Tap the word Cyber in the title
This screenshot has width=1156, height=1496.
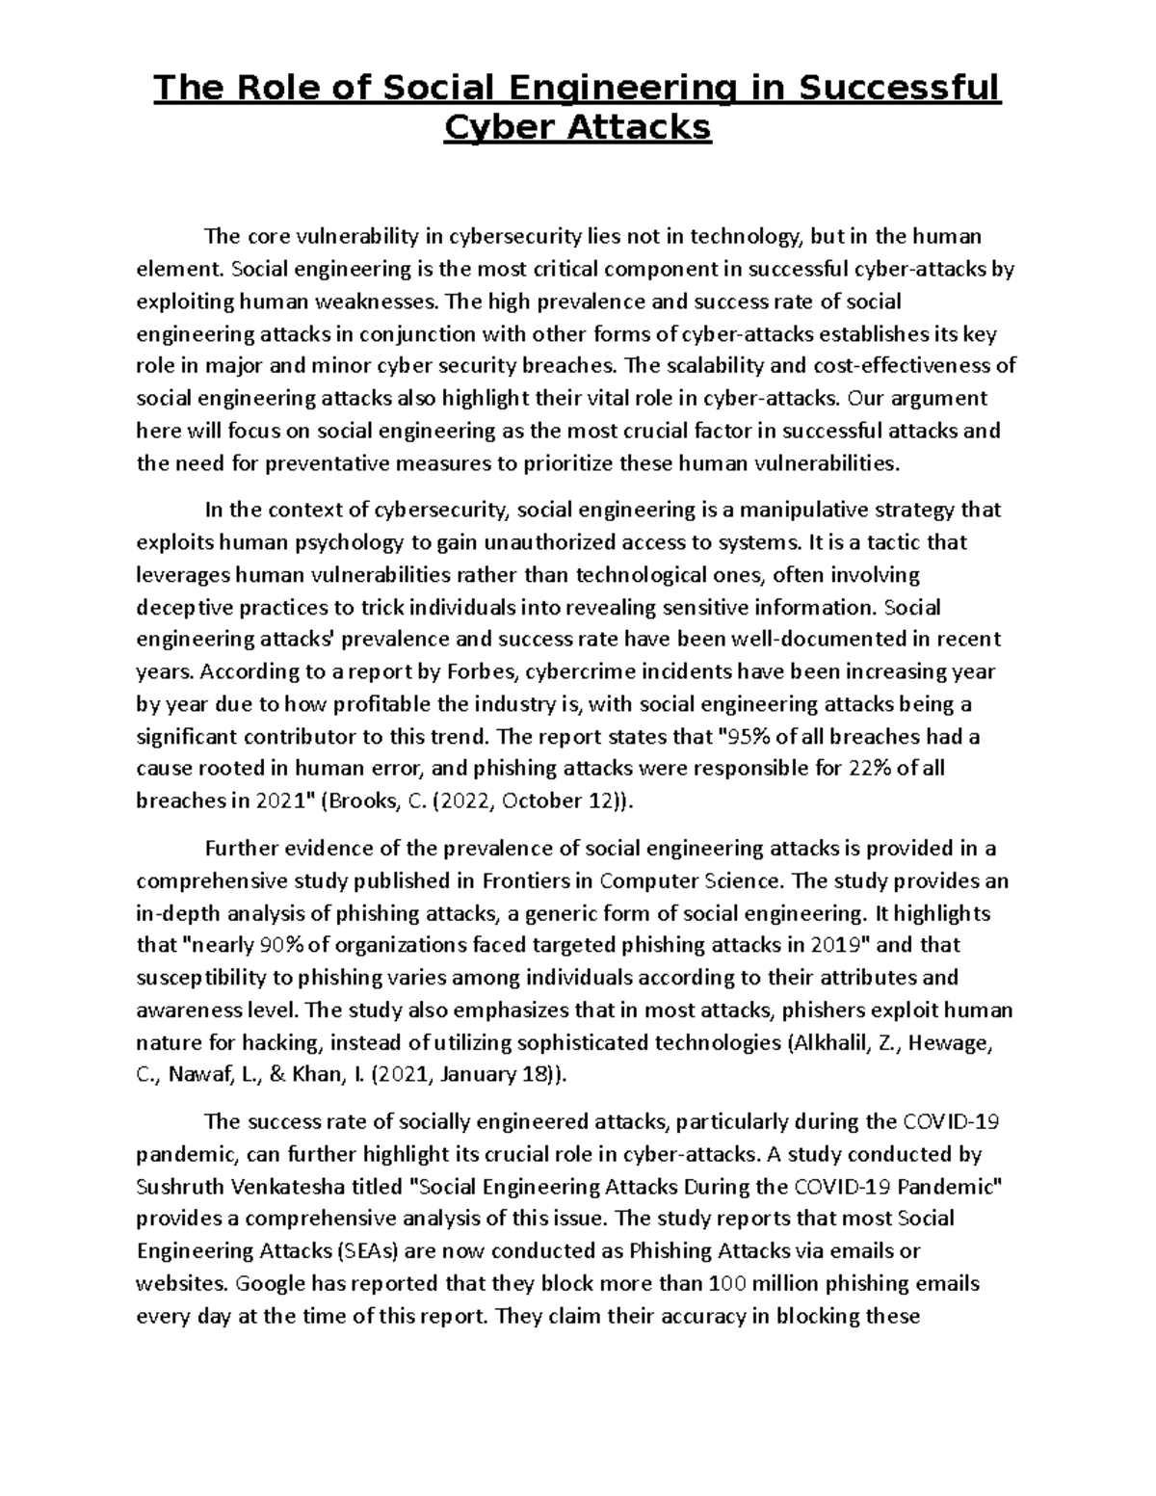[489, 127]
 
